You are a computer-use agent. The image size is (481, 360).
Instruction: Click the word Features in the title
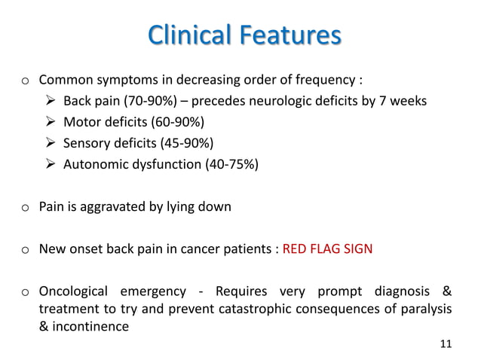tap(292, 35)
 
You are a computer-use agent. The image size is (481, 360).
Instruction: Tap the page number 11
tap(445, 344)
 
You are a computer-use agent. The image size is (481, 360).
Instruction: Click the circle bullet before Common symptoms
tap(25, 81)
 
